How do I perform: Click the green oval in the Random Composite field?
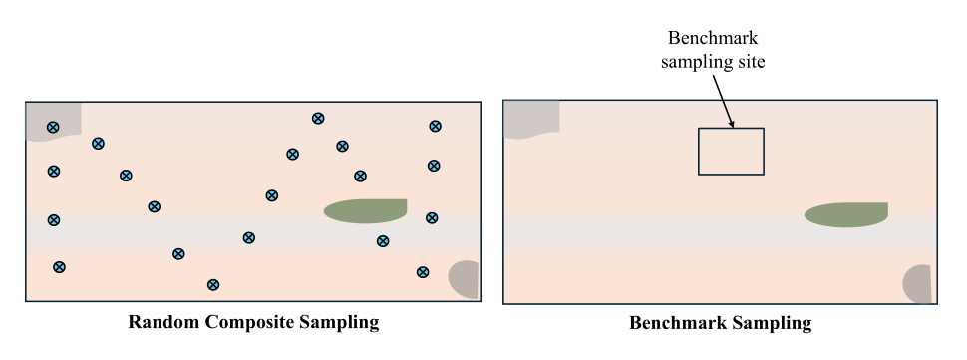coord(365,210)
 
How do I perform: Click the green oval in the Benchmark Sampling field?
coord(845,214)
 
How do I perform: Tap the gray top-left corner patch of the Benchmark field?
coord(529,119)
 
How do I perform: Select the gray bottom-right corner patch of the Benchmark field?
coord(918,284)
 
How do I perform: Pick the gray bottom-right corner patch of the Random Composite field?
coord(466,279)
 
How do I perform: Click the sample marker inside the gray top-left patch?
coord(53,127)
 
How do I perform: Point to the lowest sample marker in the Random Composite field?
coord(212,284)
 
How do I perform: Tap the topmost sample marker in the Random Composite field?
coord(318,118)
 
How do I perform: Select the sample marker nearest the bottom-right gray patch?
coord(423,272)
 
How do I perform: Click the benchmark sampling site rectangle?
coord(731,152)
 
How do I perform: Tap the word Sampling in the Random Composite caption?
coord(340,323)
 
